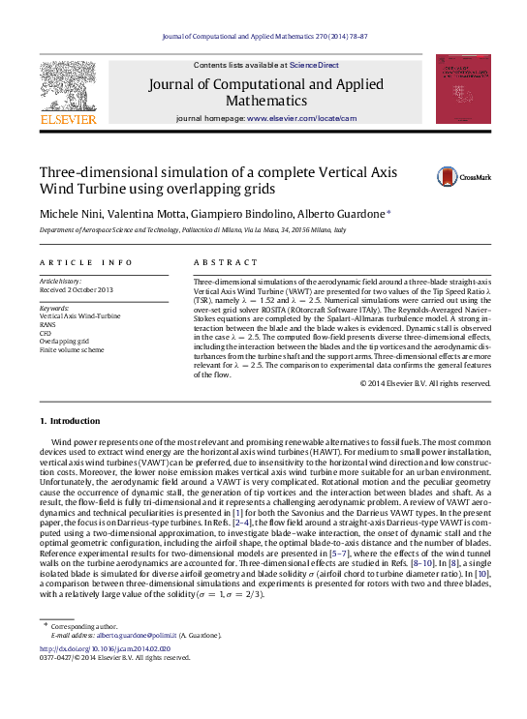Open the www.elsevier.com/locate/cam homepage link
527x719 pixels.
301,118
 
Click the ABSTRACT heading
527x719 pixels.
218,262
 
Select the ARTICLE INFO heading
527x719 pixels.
86,262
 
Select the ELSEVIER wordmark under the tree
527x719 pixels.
68,119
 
